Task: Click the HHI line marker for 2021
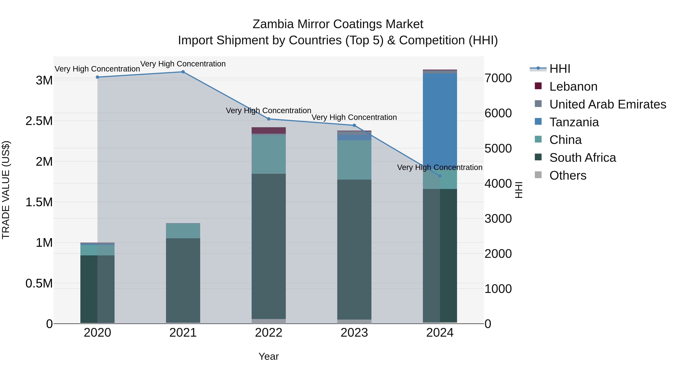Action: [183, 72]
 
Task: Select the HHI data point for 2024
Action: [440, 176]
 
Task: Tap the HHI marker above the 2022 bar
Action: [269, 119]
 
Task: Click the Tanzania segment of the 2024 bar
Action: [440, 118]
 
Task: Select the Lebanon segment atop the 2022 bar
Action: [269, 130]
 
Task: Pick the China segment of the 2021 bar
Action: [183, 231]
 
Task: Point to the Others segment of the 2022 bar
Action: [269, 321]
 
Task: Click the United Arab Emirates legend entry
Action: [607, 104]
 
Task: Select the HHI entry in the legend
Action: [560, 69]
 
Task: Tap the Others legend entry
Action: [568, 175]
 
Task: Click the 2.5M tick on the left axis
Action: [39, 121]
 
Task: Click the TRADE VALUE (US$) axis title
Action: [6, 190]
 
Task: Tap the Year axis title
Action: [269, 356]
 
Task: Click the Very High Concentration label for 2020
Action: [97, 69]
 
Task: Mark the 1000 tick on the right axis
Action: [498, 289]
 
